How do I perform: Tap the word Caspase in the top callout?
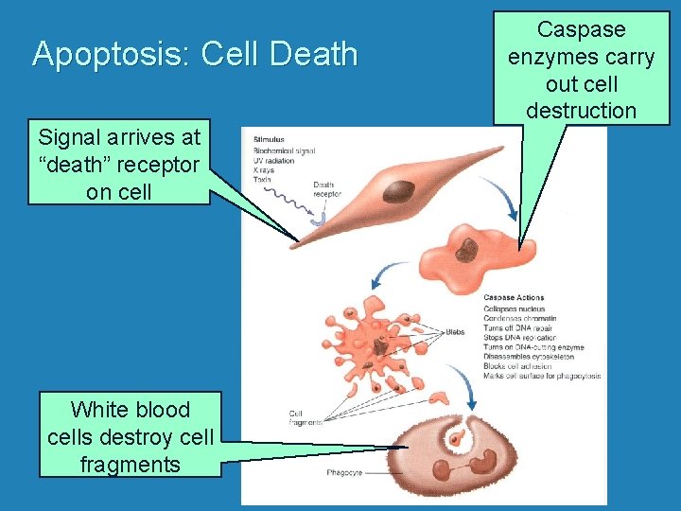[x=581, y=30]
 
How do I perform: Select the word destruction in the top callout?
[x=581, y=110]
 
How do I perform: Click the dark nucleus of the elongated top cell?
[x=398, y=191]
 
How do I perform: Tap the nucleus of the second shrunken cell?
[x=467, y=250]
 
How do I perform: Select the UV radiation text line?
[x=273, y=160]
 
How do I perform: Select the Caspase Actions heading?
[x=513, y=298]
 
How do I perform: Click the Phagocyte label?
[x=342, y=471]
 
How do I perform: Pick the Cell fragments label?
[x=305, y=417]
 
